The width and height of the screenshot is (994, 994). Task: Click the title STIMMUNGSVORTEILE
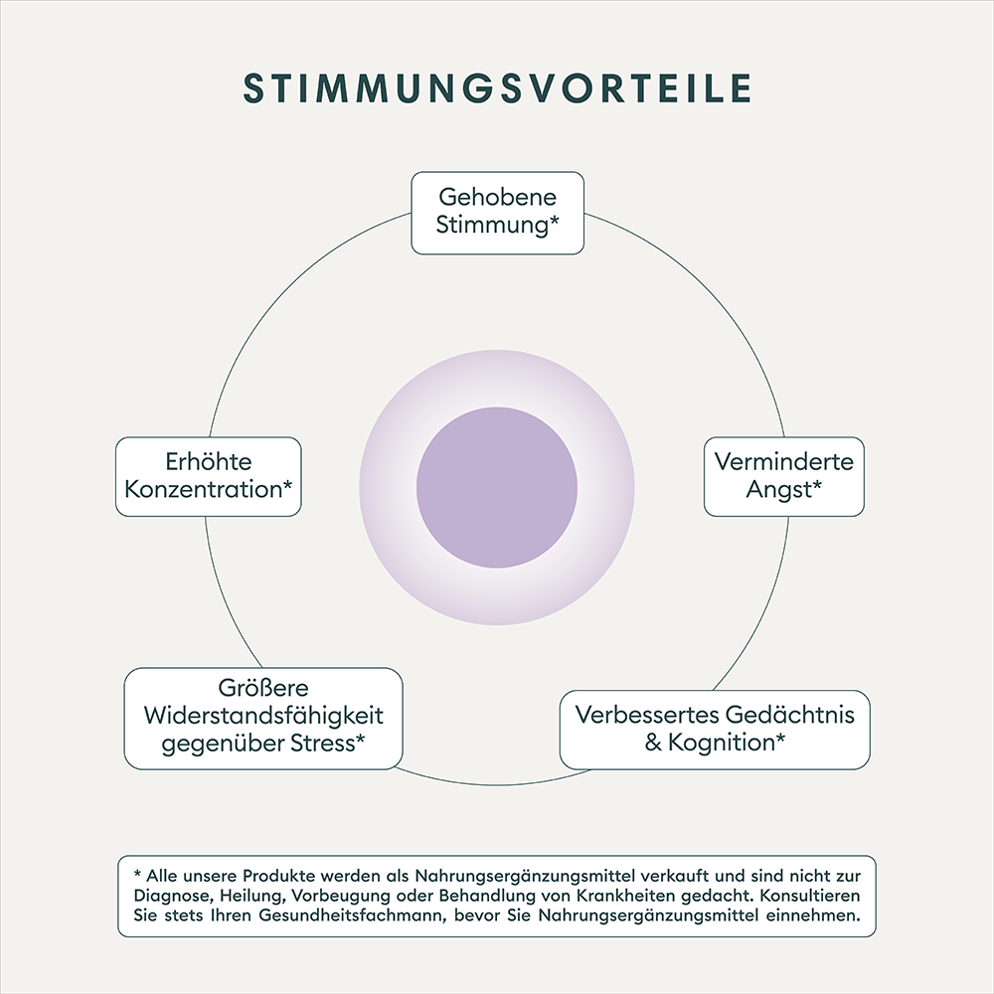497,88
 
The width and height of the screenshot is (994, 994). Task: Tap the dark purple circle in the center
497,488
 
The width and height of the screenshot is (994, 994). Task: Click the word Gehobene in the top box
497,197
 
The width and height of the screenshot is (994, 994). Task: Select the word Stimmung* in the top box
497,225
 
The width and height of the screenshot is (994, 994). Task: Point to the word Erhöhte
208,462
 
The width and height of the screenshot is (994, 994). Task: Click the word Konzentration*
208,489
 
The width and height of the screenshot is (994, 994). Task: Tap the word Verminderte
784,462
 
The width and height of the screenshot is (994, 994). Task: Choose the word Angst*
784,489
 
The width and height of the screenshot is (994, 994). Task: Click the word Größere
263,689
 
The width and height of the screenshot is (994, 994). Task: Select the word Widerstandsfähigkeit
263,716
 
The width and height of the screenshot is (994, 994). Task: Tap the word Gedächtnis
789,716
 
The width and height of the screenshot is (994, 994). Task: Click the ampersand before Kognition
653,743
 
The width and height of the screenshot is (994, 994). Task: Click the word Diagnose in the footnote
168,896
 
